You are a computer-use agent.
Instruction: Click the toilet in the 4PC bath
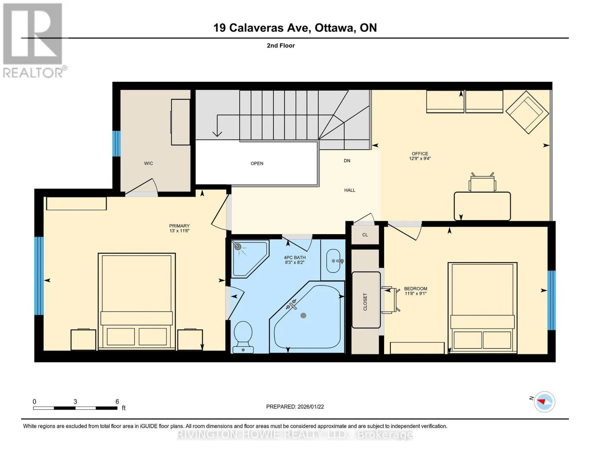243,337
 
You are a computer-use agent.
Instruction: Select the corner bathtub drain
303,315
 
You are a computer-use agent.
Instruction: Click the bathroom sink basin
333,261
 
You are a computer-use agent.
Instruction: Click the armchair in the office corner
527,112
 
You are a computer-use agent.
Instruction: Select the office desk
482,206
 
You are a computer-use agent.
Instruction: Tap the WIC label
149,163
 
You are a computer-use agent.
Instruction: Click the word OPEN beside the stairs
257,163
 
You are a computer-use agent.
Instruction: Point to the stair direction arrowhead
217,134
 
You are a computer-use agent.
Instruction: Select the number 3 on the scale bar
75,401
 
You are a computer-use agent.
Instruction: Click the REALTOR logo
34,40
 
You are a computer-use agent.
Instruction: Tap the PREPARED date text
295,407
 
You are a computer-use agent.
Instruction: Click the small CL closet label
365,235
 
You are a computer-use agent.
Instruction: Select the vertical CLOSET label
365,302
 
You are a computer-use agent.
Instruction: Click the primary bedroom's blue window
39,276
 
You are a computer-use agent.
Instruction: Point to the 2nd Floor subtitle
281,46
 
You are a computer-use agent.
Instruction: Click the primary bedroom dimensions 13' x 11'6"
179,231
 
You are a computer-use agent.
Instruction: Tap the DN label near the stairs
347,160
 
